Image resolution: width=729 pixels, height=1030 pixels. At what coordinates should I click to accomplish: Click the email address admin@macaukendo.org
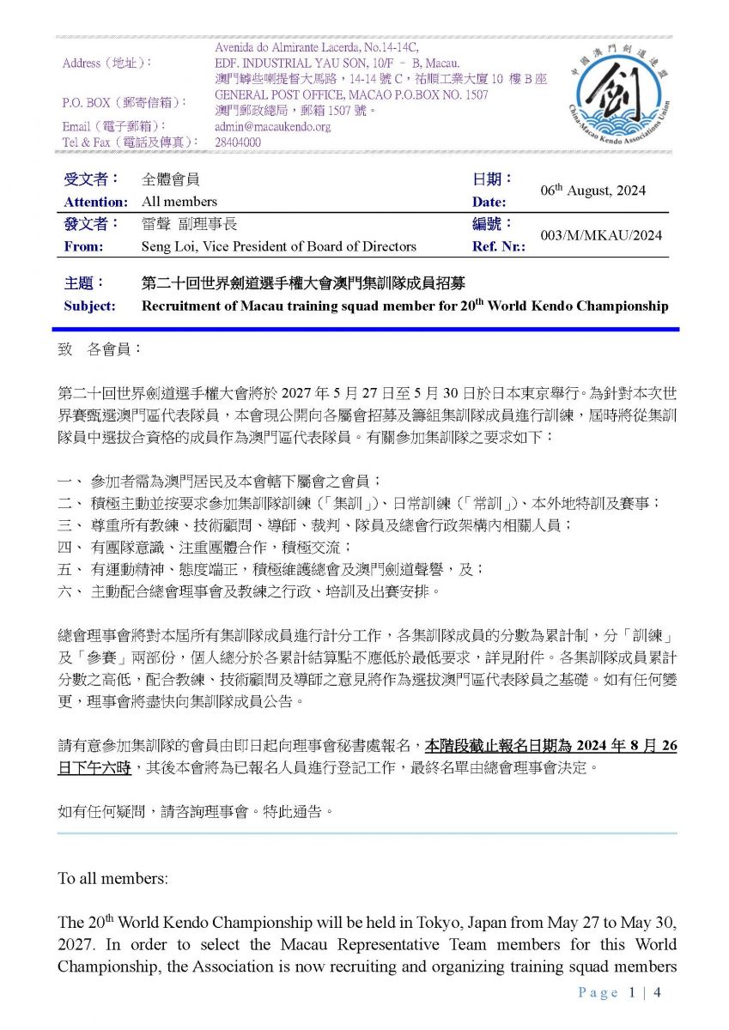(272, 127)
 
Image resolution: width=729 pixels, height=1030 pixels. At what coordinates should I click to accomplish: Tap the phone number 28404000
(238, 142)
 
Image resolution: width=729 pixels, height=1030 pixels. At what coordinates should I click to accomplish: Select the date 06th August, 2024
(592, 191)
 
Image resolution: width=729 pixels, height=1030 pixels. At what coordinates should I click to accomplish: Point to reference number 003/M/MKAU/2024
(601, 235)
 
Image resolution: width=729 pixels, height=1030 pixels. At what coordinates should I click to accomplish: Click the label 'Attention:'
(95, 203)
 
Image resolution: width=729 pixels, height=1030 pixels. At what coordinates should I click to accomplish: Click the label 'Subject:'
(89, 306)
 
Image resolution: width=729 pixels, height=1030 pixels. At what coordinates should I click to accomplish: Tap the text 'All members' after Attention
(179, 203)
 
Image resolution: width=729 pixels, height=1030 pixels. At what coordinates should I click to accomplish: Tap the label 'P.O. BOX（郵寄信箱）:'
(125, 102)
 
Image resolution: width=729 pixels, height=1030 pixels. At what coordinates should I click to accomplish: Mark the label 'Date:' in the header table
(489, 203)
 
